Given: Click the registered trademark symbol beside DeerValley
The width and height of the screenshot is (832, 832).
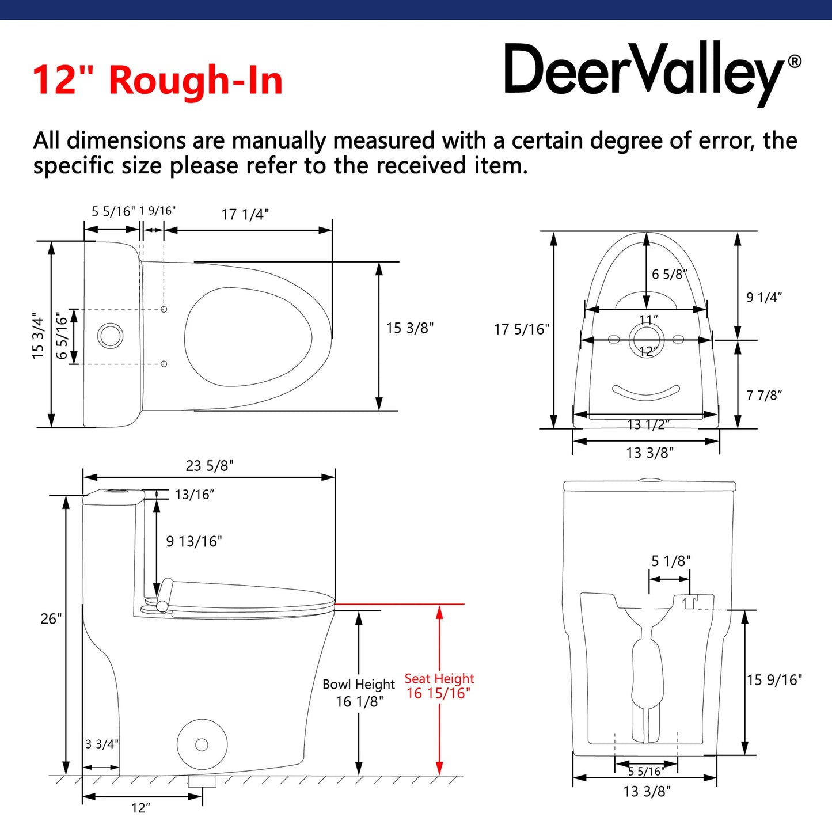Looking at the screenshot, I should click(794, 61).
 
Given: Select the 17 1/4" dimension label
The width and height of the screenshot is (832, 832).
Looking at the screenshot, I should click(245, 215).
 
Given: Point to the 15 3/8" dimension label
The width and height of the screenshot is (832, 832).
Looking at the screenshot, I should click(409, 328).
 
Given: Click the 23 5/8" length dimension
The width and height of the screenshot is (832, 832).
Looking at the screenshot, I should click(210, 466).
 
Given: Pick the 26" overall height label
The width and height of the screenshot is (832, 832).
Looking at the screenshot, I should click(51, 619).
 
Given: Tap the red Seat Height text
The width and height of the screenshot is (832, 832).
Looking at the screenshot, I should click(439, 679).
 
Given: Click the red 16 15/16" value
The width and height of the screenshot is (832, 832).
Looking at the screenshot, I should click(438, 694).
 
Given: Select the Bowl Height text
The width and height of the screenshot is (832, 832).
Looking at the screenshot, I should click(359, 685).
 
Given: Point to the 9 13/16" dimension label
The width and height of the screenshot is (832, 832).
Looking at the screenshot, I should click(194, 542).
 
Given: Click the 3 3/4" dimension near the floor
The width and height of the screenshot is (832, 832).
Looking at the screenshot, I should click(101, 744).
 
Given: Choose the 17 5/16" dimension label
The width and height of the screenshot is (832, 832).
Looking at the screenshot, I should click(521, 329).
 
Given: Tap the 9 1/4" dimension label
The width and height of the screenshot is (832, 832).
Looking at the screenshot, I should click(764, 298).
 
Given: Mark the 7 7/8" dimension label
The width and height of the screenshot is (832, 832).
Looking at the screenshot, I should click(764, 396).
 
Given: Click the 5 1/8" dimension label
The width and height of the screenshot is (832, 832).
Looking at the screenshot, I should click(671, 561).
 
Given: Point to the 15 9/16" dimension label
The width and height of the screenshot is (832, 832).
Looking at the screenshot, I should click(774, 680).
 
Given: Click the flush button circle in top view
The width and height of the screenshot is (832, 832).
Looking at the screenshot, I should click(110, 335).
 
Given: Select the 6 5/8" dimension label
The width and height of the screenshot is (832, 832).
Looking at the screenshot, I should click(669, 275).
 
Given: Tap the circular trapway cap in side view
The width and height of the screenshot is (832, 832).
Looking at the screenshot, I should click(202, 744).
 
